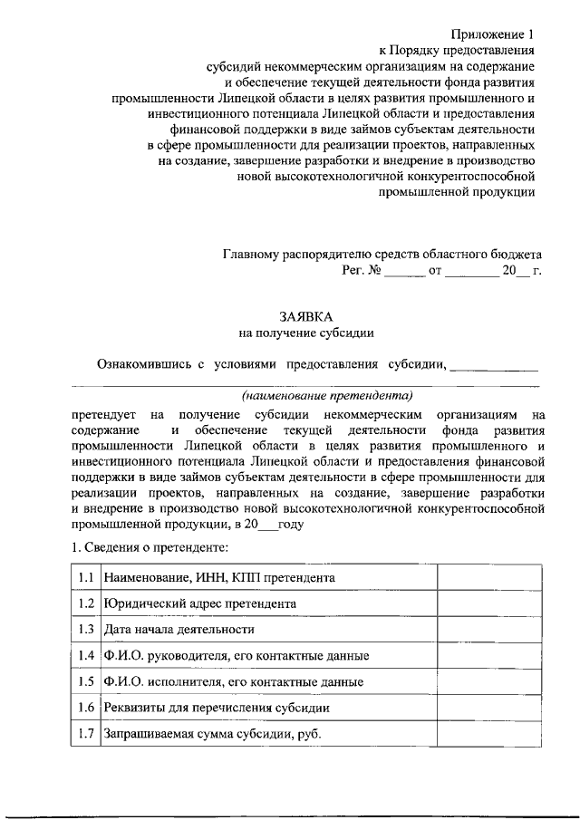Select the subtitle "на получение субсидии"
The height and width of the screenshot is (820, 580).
305,333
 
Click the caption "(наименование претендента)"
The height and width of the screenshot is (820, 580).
327,395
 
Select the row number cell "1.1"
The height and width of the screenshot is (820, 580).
86,577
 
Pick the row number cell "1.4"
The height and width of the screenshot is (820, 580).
86,655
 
